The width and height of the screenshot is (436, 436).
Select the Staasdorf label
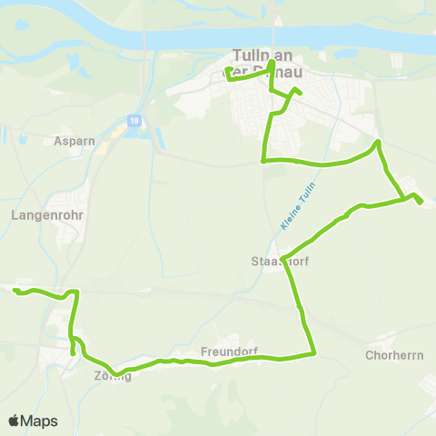pyautogui.click(x=274, y=262)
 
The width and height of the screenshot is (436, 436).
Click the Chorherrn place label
pyautogui.click(x=394, y=355)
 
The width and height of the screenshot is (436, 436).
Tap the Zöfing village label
pyautogui.click(x=112, y=376)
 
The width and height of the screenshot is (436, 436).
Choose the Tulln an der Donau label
pyautogui.click(x=264, y=62)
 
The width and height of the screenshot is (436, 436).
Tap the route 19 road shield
pyautogui.click(x=134, y=120)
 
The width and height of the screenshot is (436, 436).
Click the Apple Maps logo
pyautogui.click(x=33, y=421)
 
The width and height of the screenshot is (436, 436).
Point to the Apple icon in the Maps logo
pyautogui.click(x=14, y=421)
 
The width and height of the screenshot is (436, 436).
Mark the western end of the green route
pyautogui.click(x=15, y=290)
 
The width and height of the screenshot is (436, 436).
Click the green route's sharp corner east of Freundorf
pyautogui.click(x=313, y=353)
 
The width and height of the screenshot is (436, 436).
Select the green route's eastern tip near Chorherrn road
pyautogui.click(x=421, y=203)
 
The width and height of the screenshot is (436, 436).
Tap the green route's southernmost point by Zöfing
pyautogui.click(x=117, y=373)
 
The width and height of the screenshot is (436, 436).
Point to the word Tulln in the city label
pyautogui.click(x=252, y=54)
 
